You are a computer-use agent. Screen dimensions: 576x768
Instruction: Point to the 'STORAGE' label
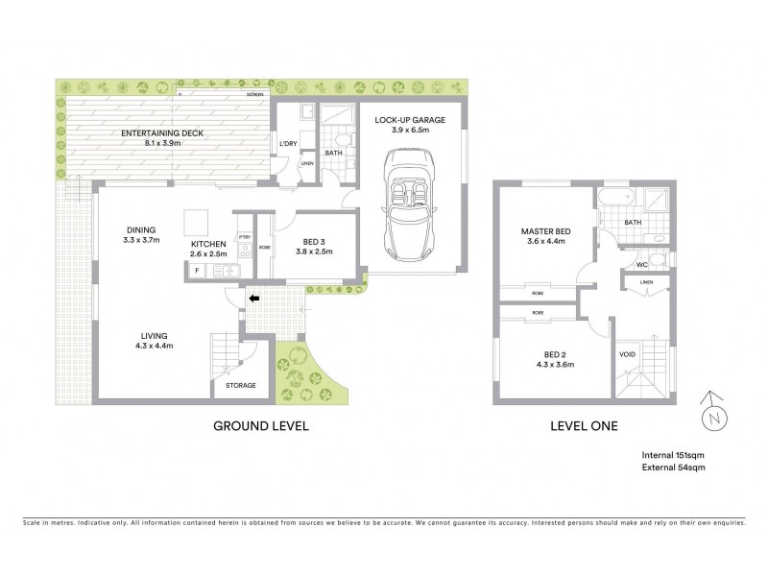[242, 385]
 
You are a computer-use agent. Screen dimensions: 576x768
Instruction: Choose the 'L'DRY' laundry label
[287, 144]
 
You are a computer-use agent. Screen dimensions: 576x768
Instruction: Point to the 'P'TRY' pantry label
[245, 236]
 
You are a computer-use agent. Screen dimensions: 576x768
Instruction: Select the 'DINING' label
[141, 229]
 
